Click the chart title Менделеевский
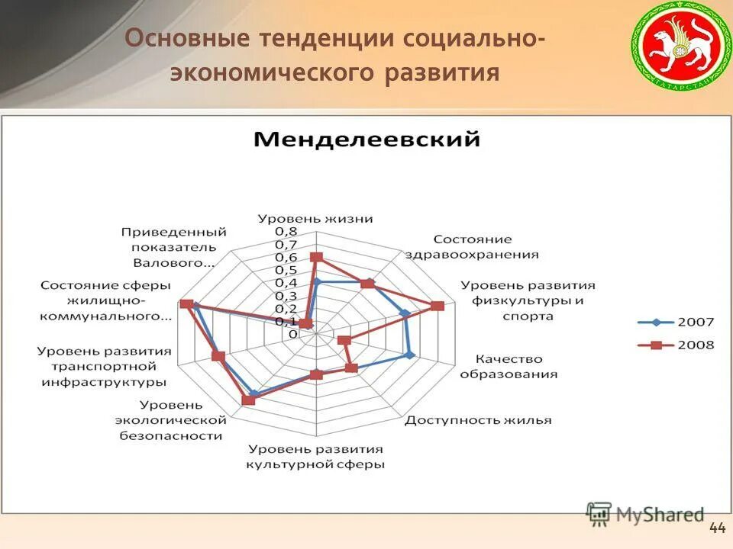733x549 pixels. pos(366,140)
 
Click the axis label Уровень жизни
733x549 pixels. pos(315,218)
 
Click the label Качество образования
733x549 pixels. pos(508,366)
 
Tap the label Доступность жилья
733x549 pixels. pos(478,420)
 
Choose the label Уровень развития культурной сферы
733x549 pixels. pos(315,456)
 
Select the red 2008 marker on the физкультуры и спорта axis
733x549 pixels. pos(437,306)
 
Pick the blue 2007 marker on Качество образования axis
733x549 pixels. pos(409,355)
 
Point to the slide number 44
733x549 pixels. pos(717,528)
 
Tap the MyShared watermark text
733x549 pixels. pos(660,515)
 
